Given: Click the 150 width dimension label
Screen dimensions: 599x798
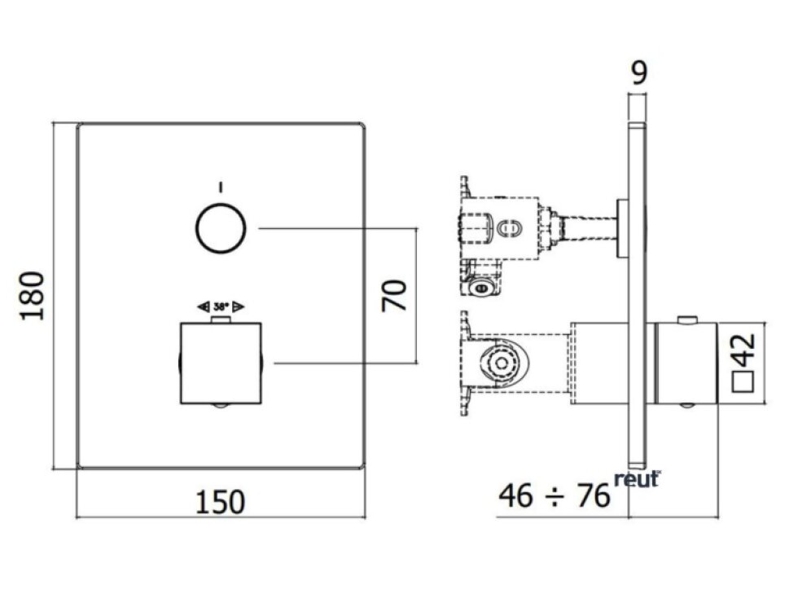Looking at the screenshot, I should (x=219, y=501).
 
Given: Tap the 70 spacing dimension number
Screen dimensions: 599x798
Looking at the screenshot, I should (x=395, y=295).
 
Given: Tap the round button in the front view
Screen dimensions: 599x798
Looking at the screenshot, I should (x=221, y=228).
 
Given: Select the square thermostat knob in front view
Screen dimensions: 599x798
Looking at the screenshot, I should (x=220, y=363).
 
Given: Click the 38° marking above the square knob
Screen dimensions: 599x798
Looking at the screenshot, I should (x=221, y=307).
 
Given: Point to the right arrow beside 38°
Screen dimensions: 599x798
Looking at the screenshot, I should (x=239, y=307).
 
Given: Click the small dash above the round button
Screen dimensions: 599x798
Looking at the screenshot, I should (x=221, y=186).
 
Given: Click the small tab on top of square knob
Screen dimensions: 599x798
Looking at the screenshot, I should (x=221, y=320).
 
